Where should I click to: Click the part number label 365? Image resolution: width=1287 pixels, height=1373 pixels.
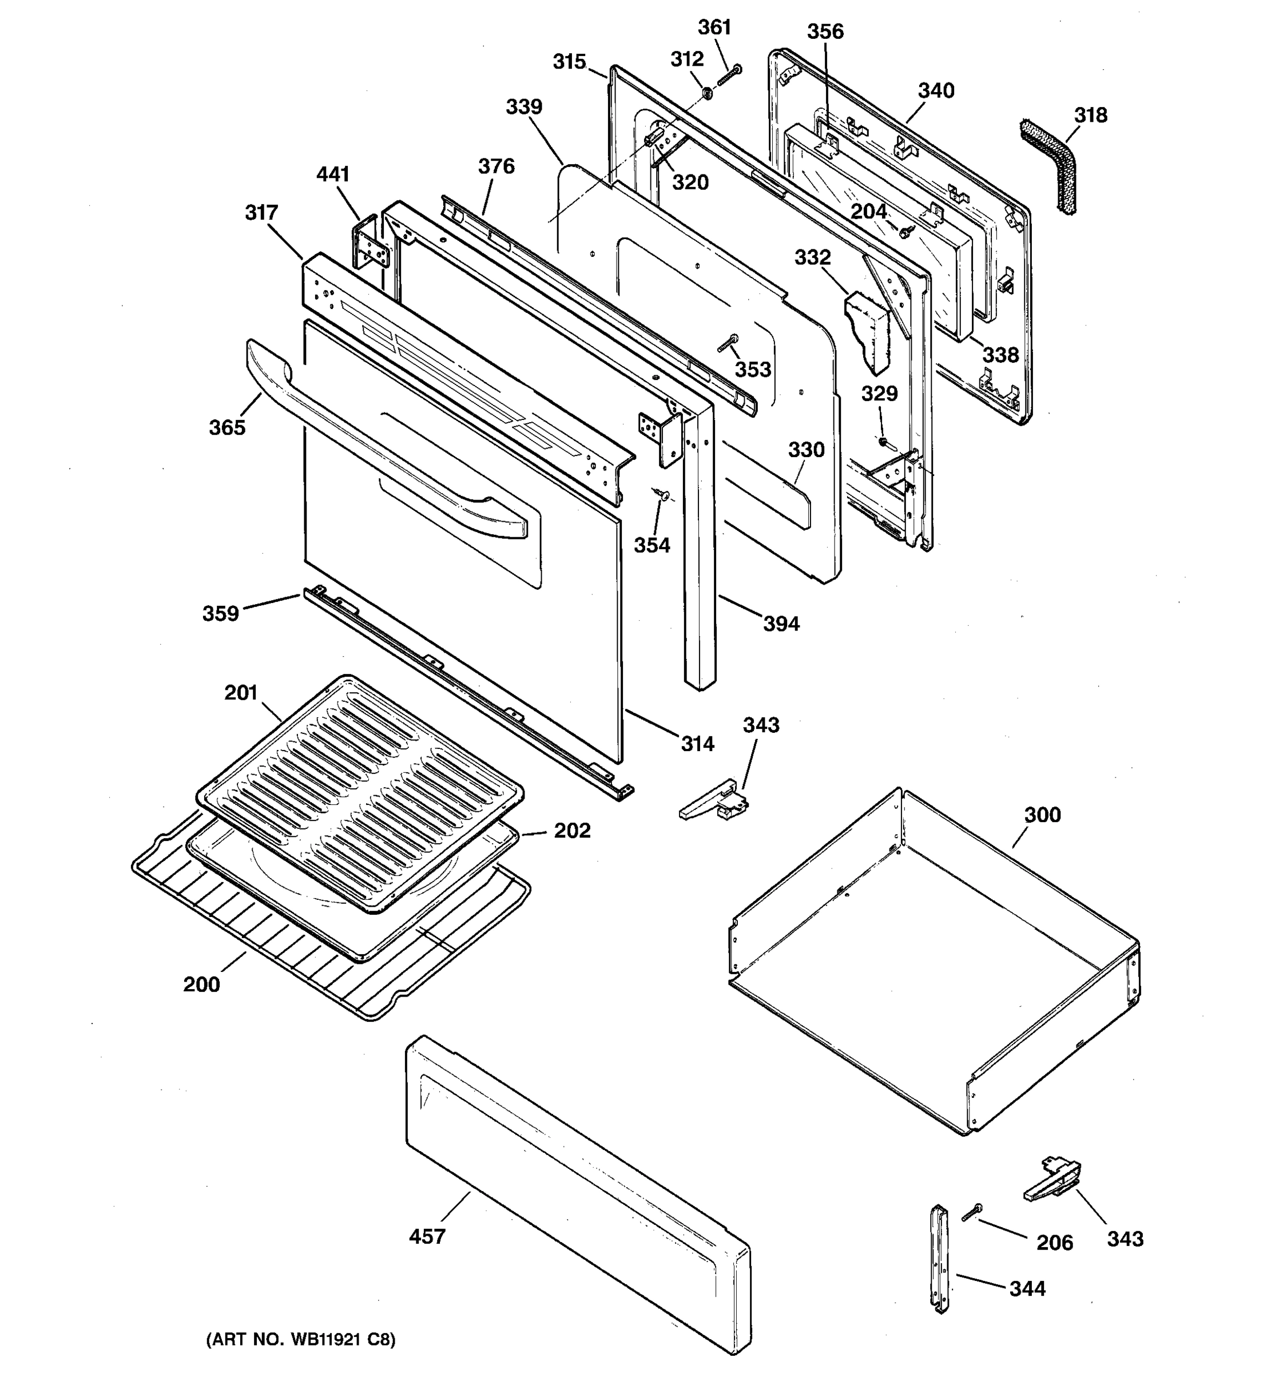point(227,427)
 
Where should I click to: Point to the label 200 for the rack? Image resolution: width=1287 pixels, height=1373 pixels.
point(201,983)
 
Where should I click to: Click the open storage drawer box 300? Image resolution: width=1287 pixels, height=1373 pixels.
point(932,967)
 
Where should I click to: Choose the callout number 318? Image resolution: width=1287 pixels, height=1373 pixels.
point(1090,116)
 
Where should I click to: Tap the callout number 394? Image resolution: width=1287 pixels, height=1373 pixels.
point(781,624)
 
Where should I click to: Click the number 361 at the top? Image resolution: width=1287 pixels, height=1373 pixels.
point(714,27)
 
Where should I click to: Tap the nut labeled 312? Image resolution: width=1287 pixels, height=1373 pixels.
point(707,92)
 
